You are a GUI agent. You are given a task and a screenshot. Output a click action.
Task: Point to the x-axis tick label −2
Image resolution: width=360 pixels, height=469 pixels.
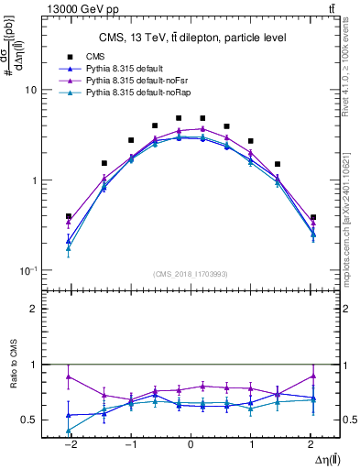[x=69, y=442]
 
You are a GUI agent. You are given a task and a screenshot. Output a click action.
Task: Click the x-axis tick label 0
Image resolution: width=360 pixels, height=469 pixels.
[x=191, y=442]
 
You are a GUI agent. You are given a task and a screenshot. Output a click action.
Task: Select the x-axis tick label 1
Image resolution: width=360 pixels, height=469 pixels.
[x=251, y=442]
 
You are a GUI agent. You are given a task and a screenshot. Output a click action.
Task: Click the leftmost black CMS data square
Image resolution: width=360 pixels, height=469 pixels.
[x=69, y=217]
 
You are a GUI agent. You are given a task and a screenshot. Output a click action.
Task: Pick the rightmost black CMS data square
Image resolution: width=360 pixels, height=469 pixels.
[x=313, y=218]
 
